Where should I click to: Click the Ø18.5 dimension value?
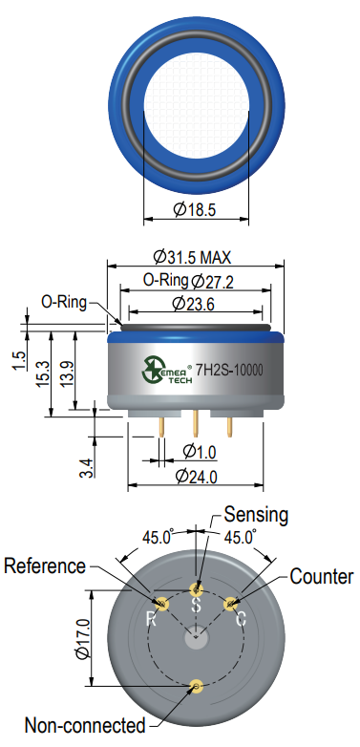click(x=194, y=209)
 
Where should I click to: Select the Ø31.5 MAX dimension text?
click(x=192, y=257)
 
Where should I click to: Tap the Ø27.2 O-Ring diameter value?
click(x=212, y=281)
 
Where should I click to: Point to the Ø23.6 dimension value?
click(x=193, y=303)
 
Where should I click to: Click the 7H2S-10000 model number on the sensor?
click(x=229, y=370)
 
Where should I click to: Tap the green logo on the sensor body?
click(x=154, y=370)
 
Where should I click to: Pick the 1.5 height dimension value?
click(x=19, y=361)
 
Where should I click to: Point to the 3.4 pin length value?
click(x=87, y=467)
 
